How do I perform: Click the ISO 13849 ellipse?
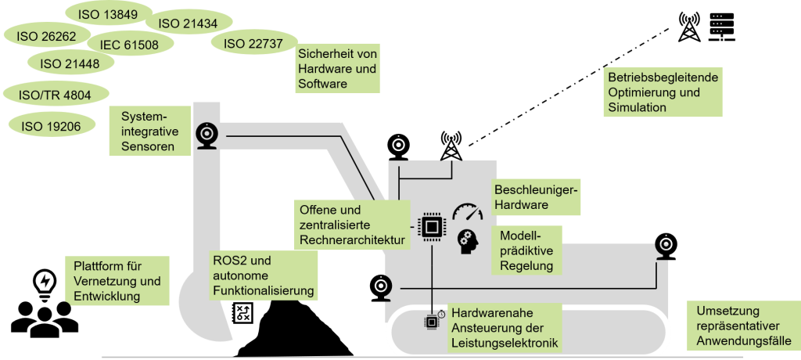[x=108, y=14]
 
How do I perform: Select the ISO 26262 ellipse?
[x=46, y=36]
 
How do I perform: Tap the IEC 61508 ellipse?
[x=129, y=45]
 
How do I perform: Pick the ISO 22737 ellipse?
[x=253, y=44]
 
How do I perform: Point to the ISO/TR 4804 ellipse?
[x=56, y=95]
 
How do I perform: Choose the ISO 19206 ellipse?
[x=52, y=126]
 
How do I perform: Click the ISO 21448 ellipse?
[x=70, y=63]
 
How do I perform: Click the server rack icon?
[x=722, y=27]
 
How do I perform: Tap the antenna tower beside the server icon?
[x=690, y=27]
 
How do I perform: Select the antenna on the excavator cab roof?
[x=451, y=146]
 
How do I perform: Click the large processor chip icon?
[x=432, y=226]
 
